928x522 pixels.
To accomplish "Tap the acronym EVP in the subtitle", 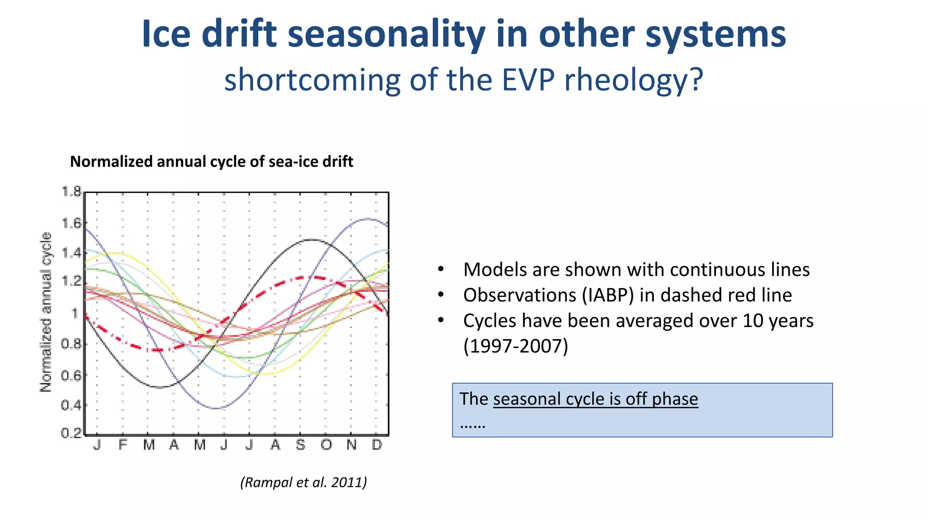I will [528, 80].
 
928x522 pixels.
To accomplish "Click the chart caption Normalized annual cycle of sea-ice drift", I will [211, 162].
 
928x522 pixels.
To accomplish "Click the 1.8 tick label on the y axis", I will [71, 192].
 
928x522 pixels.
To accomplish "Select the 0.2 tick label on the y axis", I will [71, 433].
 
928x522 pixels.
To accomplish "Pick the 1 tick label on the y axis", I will [75, 313].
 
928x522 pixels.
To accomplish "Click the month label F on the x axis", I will [122, 445].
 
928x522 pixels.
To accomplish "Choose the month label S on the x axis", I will [300, 445].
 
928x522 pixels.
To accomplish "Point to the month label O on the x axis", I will [326, 445].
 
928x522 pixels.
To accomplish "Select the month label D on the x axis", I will [377, 445].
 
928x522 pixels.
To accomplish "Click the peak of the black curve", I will [312, 239].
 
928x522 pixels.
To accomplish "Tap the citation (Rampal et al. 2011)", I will [303, 482].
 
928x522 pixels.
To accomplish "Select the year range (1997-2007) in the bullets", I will [515, 346].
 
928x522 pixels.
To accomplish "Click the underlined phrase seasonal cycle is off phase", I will [595, 399].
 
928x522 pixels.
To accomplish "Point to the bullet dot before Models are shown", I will [440, 270].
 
